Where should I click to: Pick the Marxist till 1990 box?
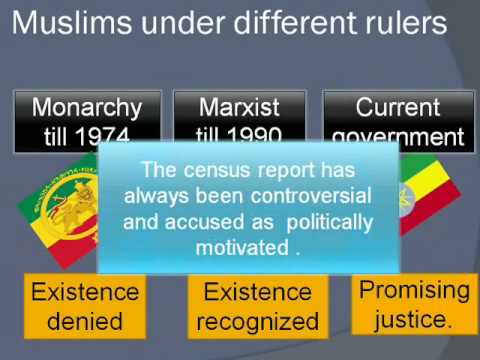point(237,120)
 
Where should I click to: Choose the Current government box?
point(396,120)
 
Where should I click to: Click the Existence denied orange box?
point(83,306)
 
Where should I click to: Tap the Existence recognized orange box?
point(258,306)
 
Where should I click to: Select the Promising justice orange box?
point(413,304)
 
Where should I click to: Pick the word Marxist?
point(237,107)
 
